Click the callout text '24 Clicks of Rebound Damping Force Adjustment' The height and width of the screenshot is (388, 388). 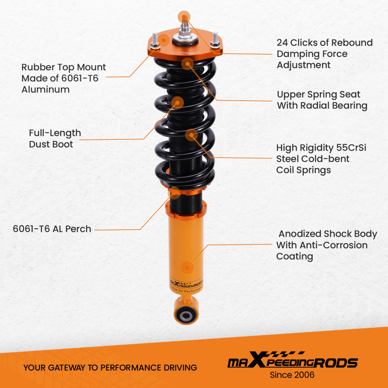coord(324,54)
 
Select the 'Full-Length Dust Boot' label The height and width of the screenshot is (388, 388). coord(55,139)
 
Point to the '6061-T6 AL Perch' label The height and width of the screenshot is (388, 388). coord(52,229)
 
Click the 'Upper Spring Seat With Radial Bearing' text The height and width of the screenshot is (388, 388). coord(322,100)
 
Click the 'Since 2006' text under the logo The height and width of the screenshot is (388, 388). coord(292,375)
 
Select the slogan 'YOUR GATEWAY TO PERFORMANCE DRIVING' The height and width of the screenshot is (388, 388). coord(110,367)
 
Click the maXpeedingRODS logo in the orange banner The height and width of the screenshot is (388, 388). coord(292,362)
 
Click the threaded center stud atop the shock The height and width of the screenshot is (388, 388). coord(185,27)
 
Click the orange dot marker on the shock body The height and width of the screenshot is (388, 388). coord(188,267)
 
